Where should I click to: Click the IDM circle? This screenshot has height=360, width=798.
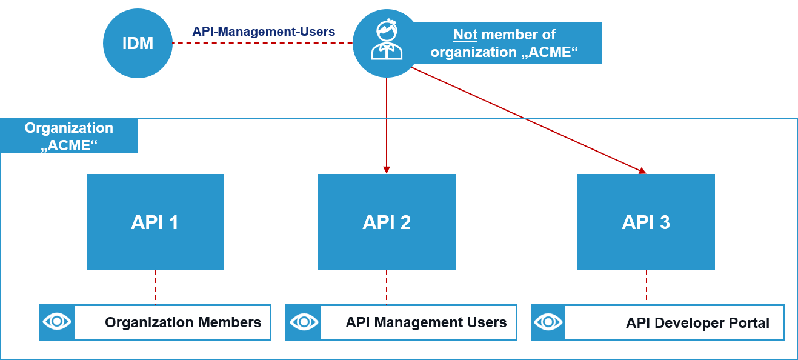[138, 44]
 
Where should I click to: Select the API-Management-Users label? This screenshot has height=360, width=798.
[264, 32]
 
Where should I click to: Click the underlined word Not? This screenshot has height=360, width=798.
[465, 35]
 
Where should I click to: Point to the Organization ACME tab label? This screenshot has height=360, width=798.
[68, 136]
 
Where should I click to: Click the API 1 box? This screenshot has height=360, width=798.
[155, 222]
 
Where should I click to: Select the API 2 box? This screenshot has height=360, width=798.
[387, 222]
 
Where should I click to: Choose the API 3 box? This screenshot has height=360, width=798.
[646, 222]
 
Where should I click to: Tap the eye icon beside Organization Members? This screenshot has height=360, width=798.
[57, 322]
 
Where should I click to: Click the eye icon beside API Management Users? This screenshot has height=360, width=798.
[302, 322]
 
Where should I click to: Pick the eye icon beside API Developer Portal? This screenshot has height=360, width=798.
[548, 322]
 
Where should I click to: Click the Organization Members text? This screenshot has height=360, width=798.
[183, 322]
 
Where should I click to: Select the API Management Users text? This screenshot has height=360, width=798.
[426, 322]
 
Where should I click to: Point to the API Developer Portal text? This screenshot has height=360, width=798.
[697, 323]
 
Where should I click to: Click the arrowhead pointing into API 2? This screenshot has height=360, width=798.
[387, 170]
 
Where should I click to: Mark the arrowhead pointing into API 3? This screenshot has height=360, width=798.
[642, 172]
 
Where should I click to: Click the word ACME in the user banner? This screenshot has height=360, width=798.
[550, 52]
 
